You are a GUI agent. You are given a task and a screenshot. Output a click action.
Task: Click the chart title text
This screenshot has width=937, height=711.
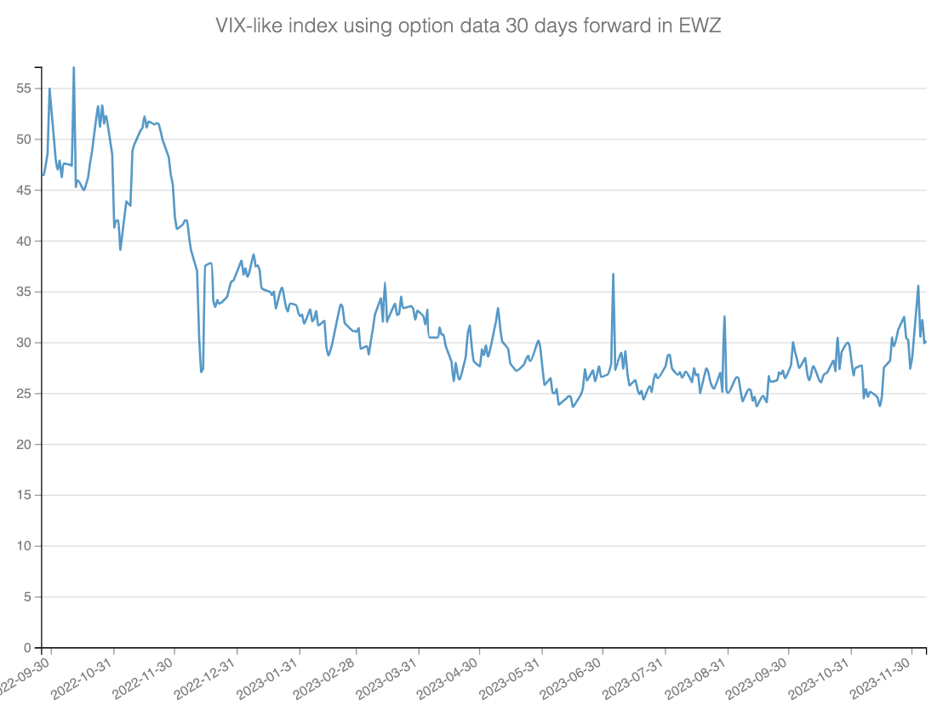(x=468, y=26)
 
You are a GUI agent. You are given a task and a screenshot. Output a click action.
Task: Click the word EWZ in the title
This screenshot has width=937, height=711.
(x=701, y=26)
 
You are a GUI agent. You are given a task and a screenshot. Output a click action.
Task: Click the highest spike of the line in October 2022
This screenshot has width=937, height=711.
(x=74, y=67)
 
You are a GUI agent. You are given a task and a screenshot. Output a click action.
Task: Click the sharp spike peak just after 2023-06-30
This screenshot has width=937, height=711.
(x=613, y=274)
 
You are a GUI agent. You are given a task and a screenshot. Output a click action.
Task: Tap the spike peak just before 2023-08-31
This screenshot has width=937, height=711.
(x=724, y=316)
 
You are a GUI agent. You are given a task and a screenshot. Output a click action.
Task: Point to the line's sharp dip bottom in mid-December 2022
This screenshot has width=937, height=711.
(x=201, y=372)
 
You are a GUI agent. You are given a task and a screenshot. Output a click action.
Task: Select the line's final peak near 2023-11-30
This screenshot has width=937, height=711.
(x=918, y=286)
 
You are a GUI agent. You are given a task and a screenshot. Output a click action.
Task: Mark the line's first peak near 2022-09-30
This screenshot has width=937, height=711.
(x=49, y=88)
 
